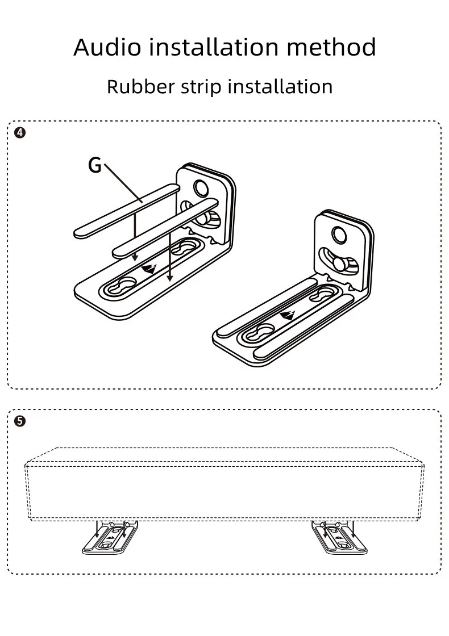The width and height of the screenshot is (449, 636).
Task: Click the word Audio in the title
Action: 107,47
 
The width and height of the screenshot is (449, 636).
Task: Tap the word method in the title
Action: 331,47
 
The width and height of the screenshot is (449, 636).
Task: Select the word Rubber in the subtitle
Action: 135,87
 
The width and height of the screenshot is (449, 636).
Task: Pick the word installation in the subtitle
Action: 280,87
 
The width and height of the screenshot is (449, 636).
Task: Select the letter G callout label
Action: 94,165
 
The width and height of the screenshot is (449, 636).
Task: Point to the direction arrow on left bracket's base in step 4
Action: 148,269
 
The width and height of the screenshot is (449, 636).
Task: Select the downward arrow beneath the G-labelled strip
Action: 135,238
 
